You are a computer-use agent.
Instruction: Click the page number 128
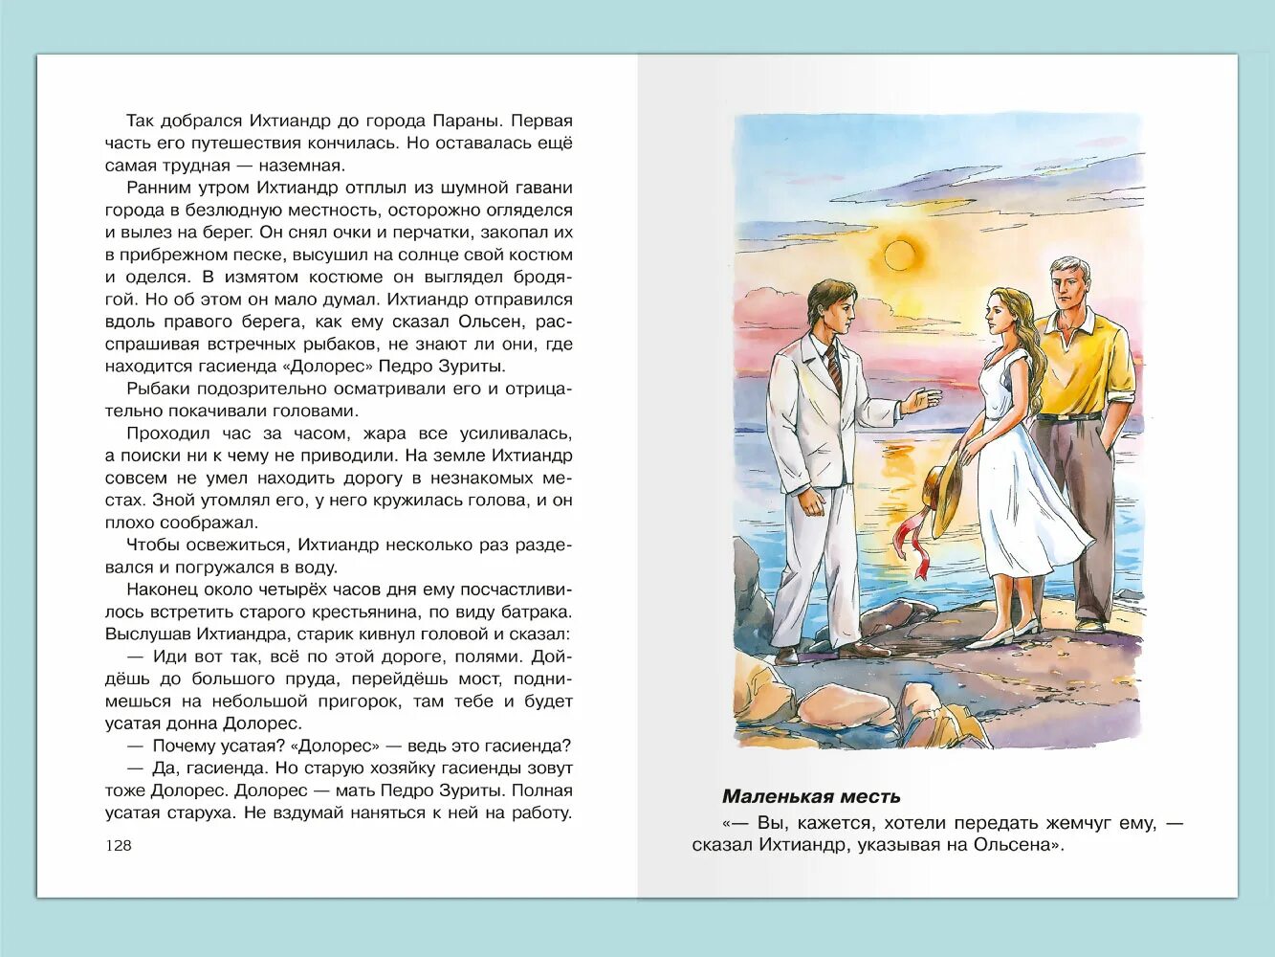(119, 845)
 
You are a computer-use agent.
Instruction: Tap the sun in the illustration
(899, 255)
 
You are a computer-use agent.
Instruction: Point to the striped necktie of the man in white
(835, 367)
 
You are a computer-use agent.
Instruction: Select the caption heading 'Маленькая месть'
(811, 796)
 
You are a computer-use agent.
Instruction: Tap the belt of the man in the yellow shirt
(1067, 417)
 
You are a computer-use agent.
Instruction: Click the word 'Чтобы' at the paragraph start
(152, 545)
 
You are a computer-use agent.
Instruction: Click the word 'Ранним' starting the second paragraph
(158, 188)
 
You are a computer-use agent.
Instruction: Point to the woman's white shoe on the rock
(989, 639)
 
